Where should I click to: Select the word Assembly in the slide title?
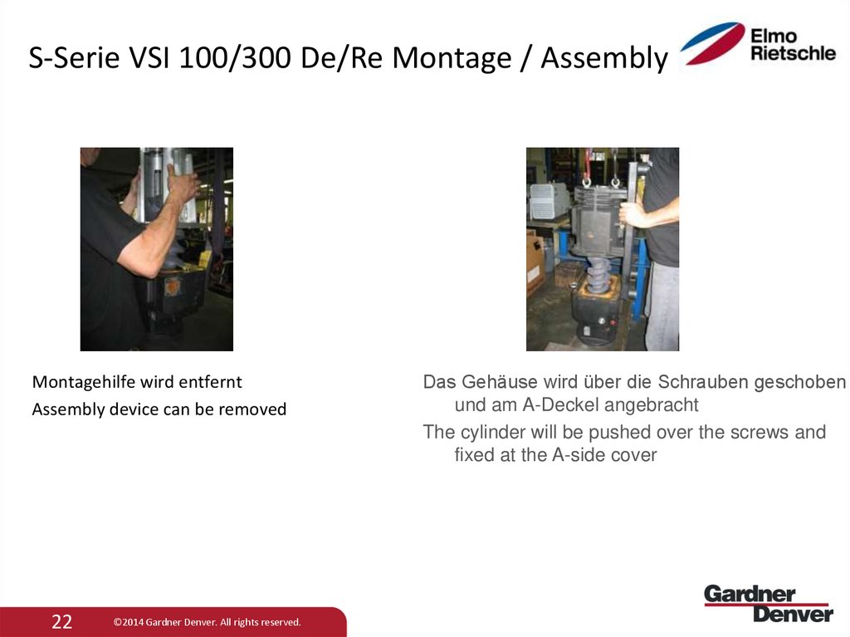coord(603,59)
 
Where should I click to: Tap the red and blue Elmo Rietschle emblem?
coord(712,43)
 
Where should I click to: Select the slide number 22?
coord(62,622)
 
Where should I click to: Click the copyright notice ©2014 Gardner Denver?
coord(208,622)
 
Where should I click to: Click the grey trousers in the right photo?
coord(662,307)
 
